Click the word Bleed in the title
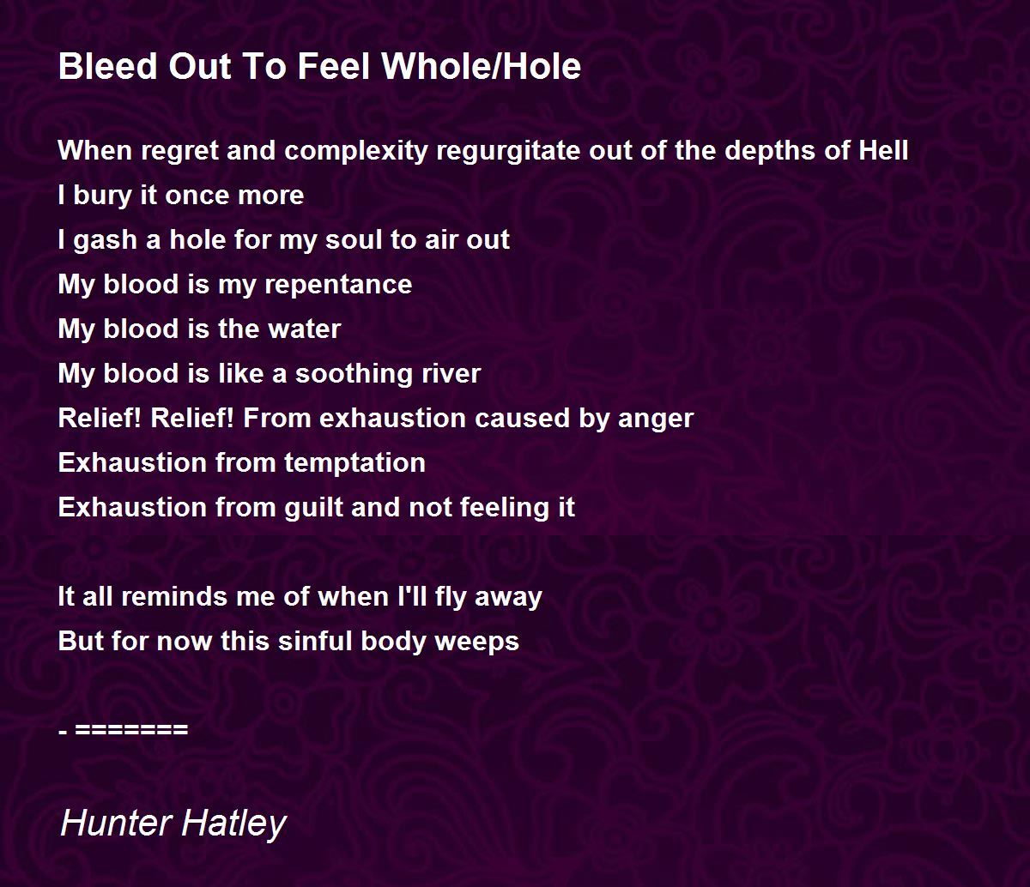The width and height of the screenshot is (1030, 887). (108, 66)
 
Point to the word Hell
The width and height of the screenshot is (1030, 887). (883, 150)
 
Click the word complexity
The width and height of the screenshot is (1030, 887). (356, 151)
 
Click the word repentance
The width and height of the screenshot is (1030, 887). (338, 286)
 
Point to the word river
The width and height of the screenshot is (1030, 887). (451, 373)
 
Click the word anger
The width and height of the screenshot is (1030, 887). (656, 419)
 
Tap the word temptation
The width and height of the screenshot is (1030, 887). (354, 464)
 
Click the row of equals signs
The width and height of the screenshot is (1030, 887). (131, 730)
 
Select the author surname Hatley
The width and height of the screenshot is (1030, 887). (233, 824)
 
